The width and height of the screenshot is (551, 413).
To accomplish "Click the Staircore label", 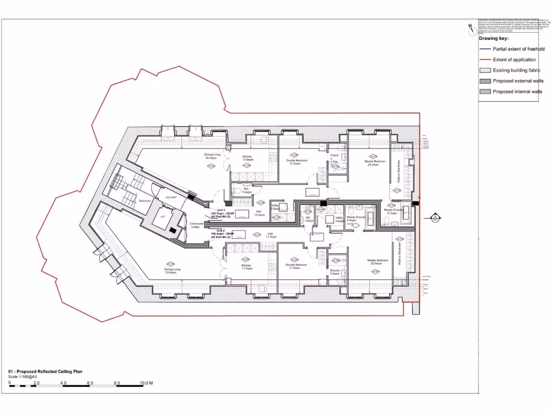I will point(145,201).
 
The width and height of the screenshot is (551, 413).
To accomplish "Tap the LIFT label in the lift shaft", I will point(163,217).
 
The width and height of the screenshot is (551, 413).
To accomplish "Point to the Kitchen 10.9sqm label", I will point(248,158).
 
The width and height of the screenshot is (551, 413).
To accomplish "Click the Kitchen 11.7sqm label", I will point(246,267).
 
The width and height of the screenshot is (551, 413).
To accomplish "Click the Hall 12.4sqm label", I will point(258,213).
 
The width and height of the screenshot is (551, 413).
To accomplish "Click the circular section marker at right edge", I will point(435,218).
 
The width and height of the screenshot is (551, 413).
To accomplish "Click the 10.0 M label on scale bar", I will point(147,383).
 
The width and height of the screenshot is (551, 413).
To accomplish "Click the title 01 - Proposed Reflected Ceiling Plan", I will point(46,372).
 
